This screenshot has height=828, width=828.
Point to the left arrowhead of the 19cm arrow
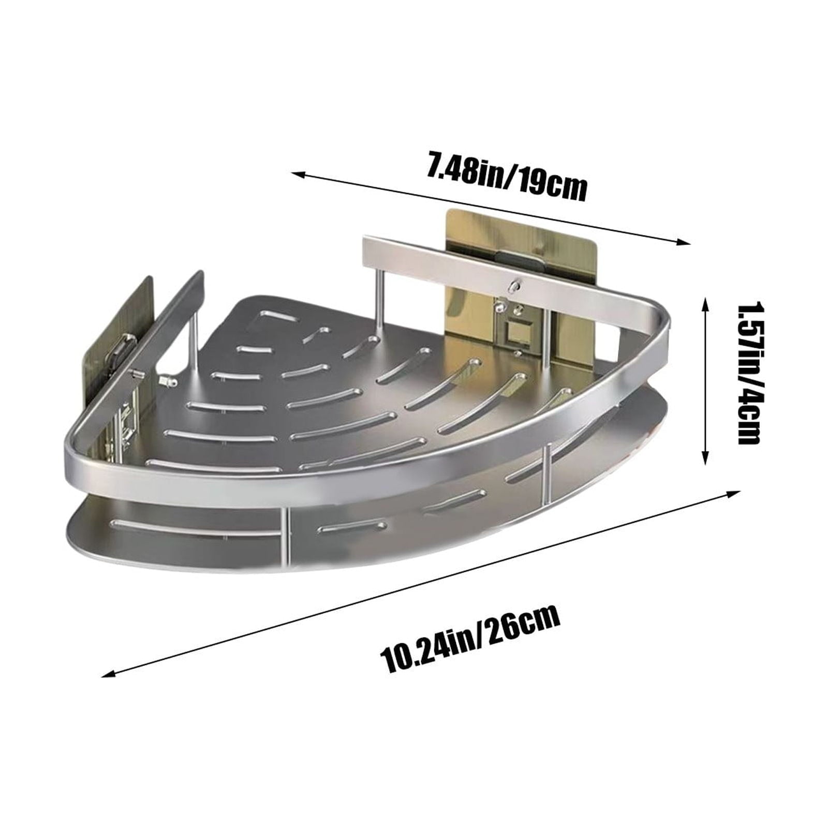tap(298, 174)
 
